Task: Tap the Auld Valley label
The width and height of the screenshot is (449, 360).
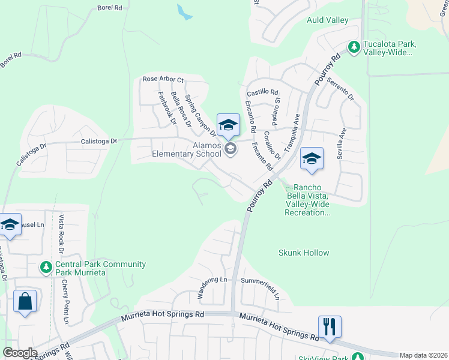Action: (x=328, y=20)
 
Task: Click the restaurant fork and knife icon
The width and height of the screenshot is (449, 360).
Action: (x=330, y=326)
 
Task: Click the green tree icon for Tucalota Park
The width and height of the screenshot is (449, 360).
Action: (x=354, y=46)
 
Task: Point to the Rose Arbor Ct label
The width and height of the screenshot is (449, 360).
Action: (x=163, y=80)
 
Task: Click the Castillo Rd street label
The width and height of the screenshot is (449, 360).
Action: (x=263, y=93)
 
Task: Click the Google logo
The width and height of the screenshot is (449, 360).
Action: (x=20, y=352)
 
